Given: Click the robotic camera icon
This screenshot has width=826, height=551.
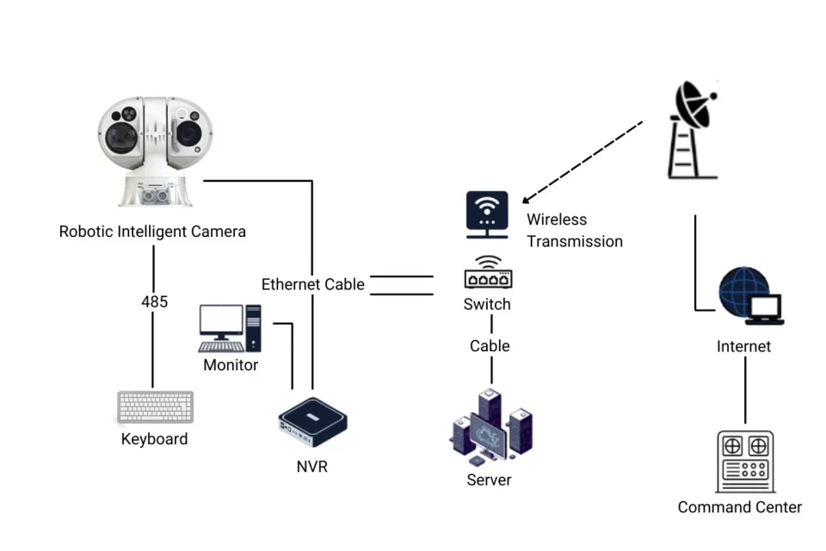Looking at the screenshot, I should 152,151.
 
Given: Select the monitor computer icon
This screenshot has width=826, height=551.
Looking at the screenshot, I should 229,328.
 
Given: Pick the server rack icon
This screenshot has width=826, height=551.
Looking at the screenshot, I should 491,427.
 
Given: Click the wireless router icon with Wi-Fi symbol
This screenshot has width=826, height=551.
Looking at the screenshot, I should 487,214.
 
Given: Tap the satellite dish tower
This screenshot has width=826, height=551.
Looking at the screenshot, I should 693,129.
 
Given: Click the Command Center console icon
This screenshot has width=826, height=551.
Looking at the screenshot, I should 744,461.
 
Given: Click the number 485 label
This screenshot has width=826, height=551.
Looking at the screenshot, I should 154,302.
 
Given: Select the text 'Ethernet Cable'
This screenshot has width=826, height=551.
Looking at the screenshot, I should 313,284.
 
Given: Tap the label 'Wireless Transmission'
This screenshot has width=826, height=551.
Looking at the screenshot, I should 574,231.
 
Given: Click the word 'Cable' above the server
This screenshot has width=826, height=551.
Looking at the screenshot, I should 490,346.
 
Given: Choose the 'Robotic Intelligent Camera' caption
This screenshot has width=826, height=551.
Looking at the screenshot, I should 152,232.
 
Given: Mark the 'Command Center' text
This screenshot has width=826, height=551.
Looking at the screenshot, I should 739,507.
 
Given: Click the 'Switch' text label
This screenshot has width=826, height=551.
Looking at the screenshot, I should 487,305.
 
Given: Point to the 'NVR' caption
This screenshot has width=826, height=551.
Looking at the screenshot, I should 311,467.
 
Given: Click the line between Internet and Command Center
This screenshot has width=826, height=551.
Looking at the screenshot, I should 745,391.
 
